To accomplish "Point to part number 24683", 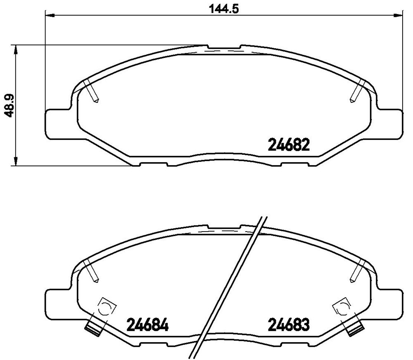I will point(289,325).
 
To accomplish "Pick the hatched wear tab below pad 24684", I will point(93,328).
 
